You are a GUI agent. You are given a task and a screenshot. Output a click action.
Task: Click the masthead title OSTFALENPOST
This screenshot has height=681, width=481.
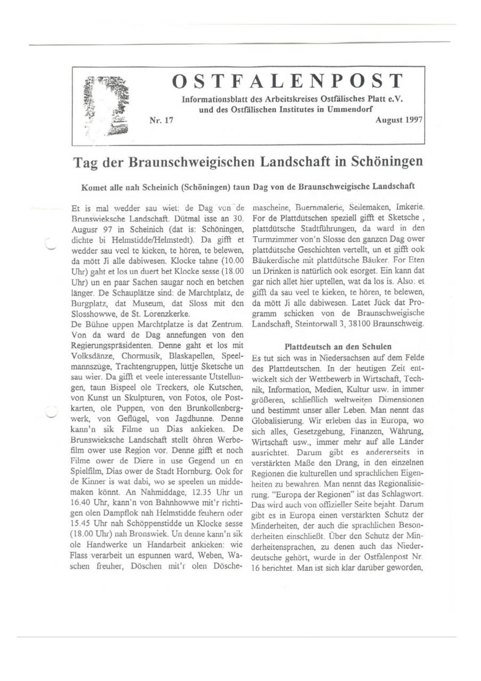tap(287, 81)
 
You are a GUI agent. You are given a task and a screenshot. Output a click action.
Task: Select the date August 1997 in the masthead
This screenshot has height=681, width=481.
tap(399, 120)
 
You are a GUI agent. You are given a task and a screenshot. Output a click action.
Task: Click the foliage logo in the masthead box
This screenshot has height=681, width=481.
tap(108, 105)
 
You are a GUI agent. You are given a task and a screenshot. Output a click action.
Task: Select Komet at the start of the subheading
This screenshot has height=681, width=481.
tap(94, 187)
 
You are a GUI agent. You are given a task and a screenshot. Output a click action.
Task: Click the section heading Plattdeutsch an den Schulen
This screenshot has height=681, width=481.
tap(338, 346)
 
